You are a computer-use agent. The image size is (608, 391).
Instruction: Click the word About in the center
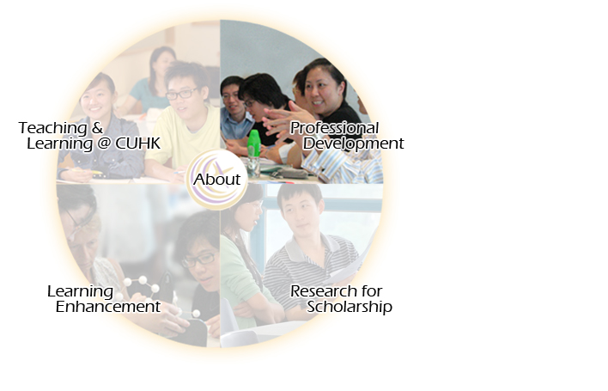pos(216,180)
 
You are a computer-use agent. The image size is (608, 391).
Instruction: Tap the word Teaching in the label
pos(52,128)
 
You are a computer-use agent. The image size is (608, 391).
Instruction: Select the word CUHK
pos(137,144)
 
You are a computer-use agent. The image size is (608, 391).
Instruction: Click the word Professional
pos(334,128)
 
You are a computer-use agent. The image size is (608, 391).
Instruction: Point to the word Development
pos(353,144)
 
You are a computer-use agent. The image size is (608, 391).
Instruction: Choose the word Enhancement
pos(108,307)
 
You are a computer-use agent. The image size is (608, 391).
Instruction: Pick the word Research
pos(324,291)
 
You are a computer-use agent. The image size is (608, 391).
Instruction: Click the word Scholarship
pos(350,307)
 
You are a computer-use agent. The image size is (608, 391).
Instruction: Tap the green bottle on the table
pos(253,144)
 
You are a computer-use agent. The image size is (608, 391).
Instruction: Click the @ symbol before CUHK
pos(104,144)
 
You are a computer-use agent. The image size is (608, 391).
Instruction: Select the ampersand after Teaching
pos(97,128)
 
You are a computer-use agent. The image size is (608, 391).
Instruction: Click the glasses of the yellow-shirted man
pos(181,94)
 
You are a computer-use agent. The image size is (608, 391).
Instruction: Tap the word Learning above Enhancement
pos(80,291)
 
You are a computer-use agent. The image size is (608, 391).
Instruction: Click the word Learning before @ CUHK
pos(60,144)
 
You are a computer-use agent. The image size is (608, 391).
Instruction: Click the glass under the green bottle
pos(253,168)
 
